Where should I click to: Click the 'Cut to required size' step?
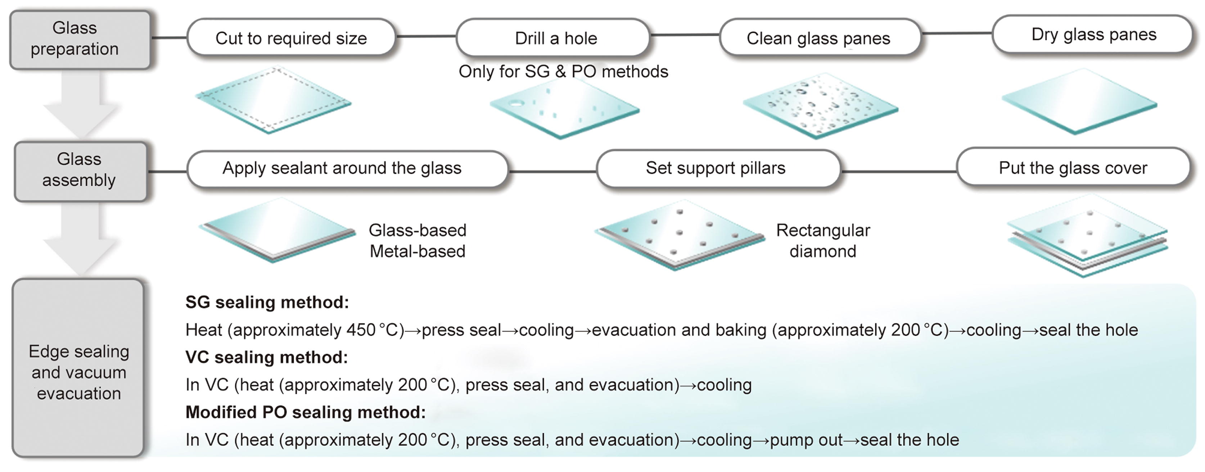point(291,37)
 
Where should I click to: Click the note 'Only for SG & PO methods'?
point(563,72)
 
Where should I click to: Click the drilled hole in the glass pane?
point(516,103)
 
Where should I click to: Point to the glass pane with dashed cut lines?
point(274,101)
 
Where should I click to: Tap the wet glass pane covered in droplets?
point(820,106)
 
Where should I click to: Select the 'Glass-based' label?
point(417,230)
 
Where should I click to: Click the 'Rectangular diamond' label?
point(823,240)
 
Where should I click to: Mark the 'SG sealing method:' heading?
point(267,303)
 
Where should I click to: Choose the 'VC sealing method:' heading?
point(267,357)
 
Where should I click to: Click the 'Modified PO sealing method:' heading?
point(306,413)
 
